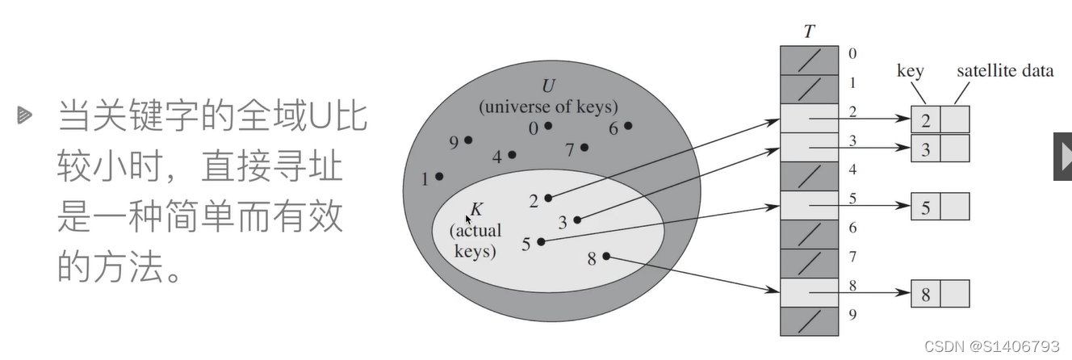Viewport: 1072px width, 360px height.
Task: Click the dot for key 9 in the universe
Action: pyautogui.click(x=468, y=140)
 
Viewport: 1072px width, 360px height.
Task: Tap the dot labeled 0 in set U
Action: pyautogui.click(x=548, y=126)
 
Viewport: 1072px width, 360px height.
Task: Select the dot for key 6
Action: pyautogui.click(x=628, y=125)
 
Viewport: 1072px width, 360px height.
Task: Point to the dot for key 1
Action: pyautogui.click(x=439, y=176)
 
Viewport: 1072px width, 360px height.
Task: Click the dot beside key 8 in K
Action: pyautogui.click(x=606, y=257)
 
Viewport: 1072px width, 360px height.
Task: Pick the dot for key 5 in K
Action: pyautogui.click(x=541, y=241)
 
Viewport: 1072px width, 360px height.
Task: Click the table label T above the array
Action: pyautogui.click(x=809, y=32)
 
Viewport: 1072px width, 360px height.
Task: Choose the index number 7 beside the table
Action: pyautogui.click(x=852, y=256)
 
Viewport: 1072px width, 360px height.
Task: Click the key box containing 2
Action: pyautogui.click(x=925, y=119)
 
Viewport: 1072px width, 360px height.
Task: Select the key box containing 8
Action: pyautogui.click(x=925, y=294)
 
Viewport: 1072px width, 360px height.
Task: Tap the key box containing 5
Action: pyautogui.click(x=925, y=207)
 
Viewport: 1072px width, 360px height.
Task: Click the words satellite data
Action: pyautogui.click(x=1004, y=71)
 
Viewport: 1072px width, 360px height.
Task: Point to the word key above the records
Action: pyautogui.click(x=910, y=71)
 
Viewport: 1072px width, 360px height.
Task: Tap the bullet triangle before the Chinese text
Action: pyautogui.click(x=23, y=116)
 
